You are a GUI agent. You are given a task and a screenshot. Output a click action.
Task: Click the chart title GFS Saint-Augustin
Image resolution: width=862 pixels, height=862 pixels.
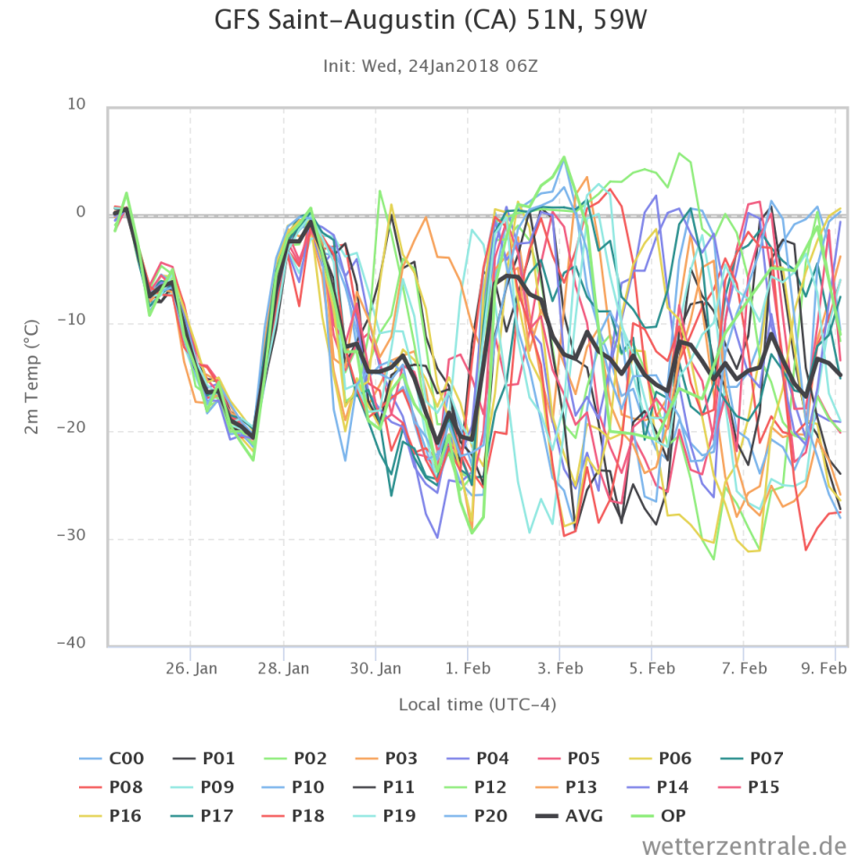[430, 21]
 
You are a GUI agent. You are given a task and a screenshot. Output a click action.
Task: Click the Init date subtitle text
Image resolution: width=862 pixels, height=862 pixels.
[430, 66]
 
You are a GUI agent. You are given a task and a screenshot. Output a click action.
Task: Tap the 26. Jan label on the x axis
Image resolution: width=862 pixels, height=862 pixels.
[191, 669]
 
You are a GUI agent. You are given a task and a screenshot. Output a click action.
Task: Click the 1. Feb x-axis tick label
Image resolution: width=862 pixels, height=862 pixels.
[468, 669]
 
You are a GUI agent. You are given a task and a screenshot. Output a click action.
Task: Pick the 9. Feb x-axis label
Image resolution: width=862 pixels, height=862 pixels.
[823, 669]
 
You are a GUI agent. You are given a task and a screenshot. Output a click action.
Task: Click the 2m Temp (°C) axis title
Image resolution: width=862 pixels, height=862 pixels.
[32, 376]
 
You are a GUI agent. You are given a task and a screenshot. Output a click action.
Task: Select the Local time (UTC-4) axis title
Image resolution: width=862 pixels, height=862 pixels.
[477, 705]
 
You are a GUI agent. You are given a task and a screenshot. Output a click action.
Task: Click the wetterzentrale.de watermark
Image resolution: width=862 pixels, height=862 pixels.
[744, 845]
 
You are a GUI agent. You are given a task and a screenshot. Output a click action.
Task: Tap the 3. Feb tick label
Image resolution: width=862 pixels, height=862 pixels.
[559, 669]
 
